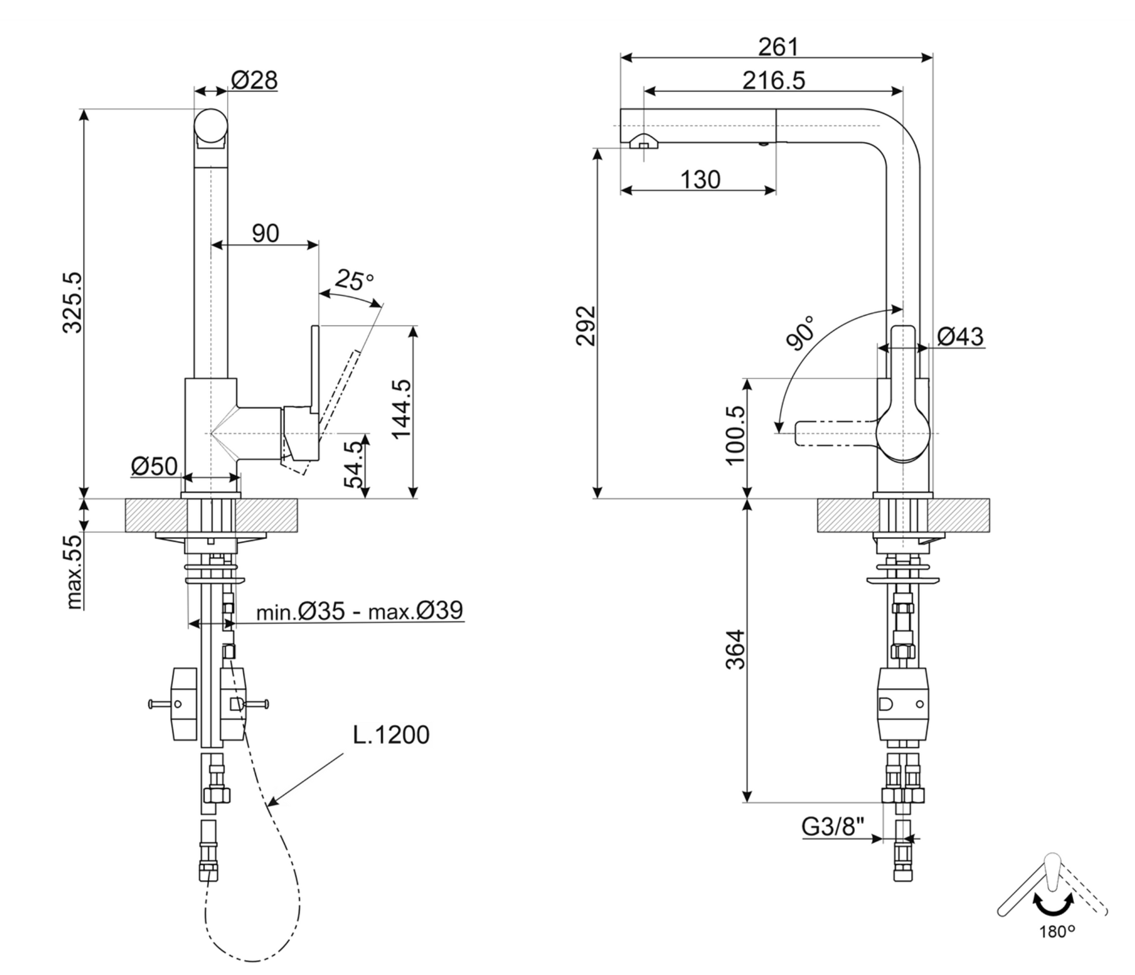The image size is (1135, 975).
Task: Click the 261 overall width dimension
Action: point(778,47)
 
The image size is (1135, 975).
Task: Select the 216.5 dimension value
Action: point(774,81)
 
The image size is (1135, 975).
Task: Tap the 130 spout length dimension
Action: point(700,180)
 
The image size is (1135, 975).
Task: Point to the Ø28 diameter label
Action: point(254,81)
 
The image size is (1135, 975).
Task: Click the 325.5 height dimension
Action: point(73,303)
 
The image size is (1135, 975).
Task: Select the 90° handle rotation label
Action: point(800,333)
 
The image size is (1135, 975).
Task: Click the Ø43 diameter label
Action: point(960,337)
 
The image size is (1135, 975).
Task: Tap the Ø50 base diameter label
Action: point(154,466)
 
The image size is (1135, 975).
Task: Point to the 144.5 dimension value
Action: point(402,409)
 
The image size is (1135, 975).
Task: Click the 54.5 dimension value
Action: point(354,465)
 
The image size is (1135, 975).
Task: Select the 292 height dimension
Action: point(586,326)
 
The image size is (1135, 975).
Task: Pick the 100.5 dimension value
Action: point(735,436)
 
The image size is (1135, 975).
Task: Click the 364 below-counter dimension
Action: point(735,650)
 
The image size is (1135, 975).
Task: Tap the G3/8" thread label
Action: point(833,827)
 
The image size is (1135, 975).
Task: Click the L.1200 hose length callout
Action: point(391,735)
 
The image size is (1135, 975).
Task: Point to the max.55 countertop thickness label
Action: point(74,572)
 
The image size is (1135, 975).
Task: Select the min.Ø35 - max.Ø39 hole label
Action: point(360,611)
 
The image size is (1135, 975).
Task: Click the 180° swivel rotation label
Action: point(1057,932)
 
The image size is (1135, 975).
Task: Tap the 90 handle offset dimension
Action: point(266,233)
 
